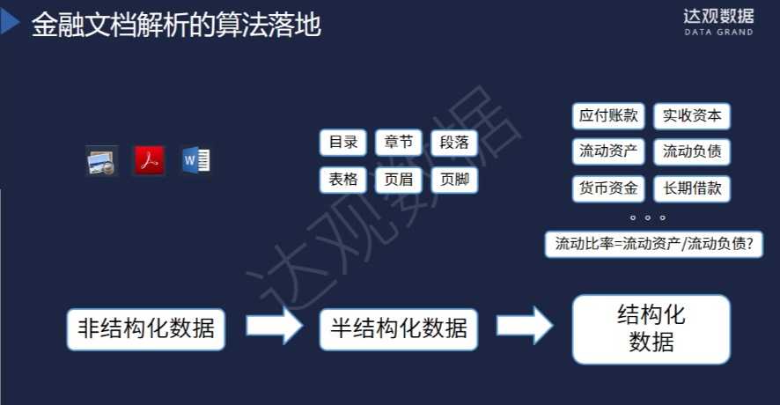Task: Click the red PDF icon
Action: tap(148, 161)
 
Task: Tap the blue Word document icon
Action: tap(195, 160)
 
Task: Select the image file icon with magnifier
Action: tap(101, 161)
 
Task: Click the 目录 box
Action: tap(343, 143)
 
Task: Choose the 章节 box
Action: tap(399, 143)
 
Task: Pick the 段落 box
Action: tap(454, 143)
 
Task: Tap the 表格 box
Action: tap(343, 180)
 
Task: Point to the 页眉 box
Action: tap(399, 180)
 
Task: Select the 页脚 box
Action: tap(454, 180)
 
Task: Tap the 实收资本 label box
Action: tap(692, 115)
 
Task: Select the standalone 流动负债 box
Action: tap(692, 151)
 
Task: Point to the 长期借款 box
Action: tap(692, 188)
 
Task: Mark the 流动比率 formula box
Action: tap(653, 244)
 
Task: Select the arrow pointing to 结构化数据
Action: tap(525, 326)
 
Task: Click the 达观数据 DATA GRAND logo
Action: tap(718, 21)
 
